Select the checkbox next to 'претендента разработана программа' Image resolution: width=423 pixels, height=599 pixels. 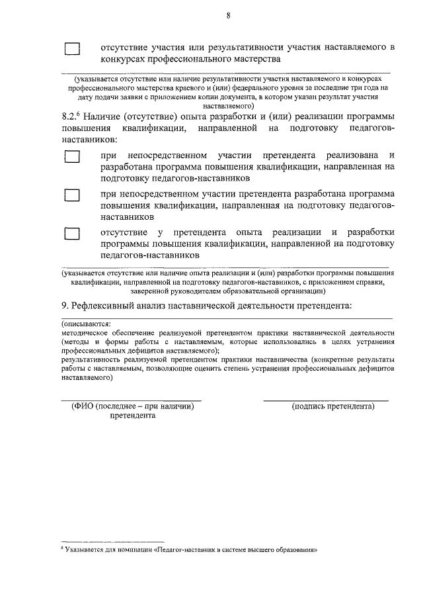(72, 195)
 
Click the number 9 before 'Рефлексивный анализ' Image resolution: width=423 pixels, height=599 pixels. (63, 305)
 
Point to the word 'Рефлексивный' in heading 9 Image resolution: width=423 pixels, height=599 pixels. (104, 305)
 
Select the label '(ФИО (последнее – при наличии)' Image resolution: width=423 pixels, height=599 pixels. (132, 406)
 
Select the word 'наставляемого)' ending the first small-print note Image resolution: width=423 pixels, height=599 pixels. (228, 105)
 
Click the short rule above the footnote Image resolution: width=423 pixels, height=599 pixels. (112, 541)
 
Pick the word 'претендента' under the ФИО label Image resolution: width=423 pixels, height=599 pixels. (133, 416)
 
